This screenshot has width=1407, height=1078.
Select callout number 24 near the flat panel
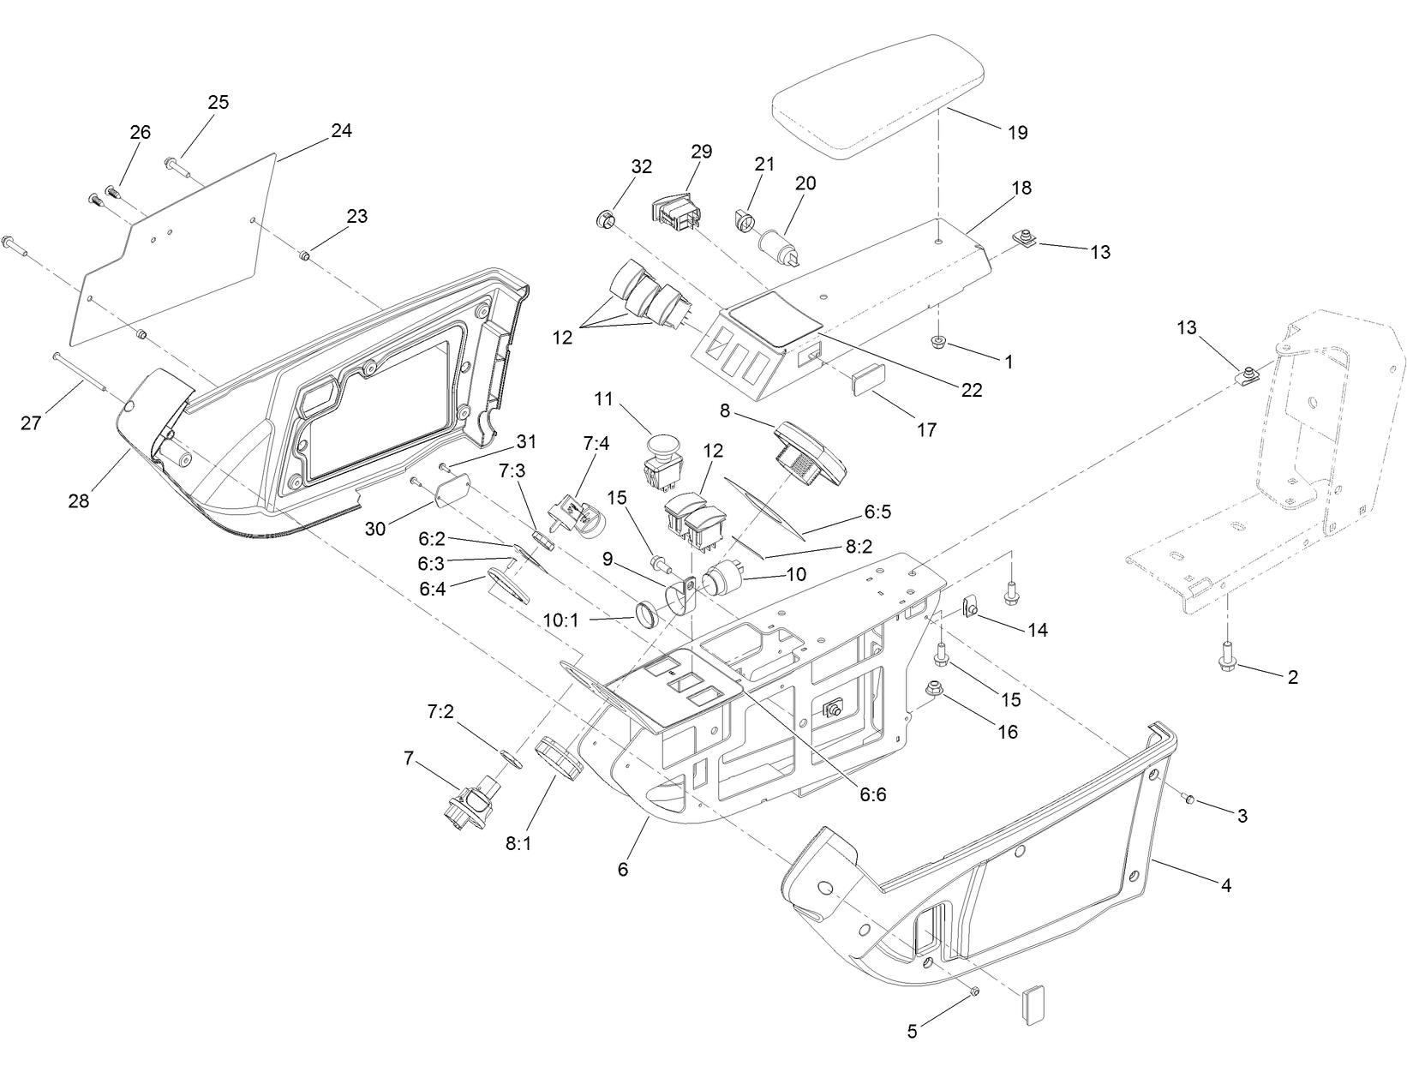click(x=341, y=131)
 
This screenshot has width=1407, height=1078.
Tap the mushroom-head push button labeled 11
click(x=661, y=463)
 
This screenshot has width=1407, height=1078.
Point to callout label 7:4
click(x=596, y=444)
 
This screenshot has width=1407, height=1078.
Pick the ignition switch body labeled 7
click(x=470, y=802)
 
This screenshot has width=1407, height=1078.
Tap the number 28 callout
click(x=78, y=500)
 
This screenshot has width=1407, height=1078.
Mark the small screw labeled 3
click(x=1188, y=799)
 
